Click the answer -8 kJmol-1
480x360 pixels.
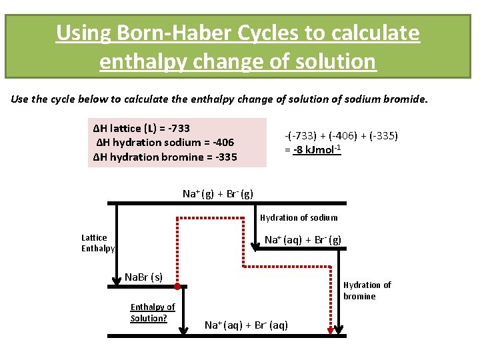tap(317, 149)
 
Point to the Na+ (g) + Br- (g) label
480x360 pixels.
tap(218, 194)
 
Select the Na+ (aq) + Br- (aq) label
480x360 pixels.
tap(246, 325)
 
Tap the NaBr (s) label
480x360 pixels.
tap(143, 277)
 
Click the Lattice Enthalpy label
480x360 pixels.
tap(97, 243)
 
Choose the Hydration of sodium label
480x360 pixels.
tap(299, 217)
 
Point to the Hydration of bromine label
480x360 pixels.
tap(367, 291)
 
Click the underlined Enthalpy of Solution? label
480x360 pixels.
tap(152, 312)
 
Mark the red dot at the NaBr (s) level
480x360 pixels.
tap(177, 287)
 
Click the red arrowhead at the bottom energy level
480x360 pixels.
tap(329, 330)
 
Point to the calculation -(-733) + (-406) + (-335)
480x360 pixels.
tap(341, 136)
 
